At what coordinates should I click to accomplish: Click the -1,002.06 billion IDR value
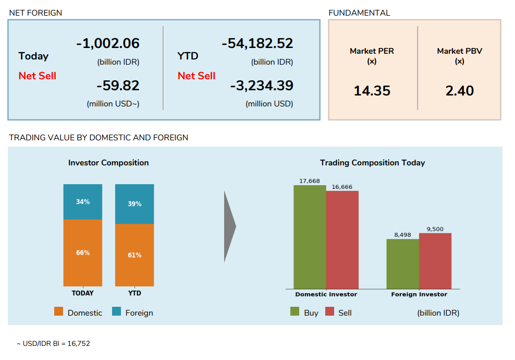click(108, 44)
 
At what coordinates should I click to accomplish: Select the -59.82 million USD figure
click(118, 86)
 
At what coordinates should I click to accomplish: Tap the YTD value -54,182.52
click(257, 44)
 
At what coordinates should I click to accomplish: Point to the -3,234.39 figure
click(262, 86)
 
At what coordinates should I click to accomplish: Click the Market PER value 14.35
click(372, 91)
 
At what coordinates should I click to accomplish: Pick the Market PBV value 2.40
click(459, 91)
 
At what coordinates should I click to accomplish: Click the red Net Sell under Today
click(37, 76)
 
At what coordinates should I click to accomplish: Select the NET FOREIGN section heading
click(35, 13)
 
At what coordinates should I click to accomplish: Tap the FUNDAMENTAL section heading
click(359, 13)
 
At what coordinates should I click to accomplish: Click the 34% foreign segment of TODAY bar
click(82, 202)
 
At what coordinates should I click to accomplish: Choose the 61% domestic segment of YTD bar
click(134, 255)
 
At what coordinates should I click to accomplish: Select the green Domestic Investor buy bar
click(310, 237)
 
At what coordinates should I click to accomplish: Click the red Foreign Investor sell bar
click(435, 261)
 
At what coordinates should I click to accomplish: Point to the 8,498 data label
click(402, 235)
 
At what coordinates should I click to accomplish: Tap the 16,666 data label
click(342, 187)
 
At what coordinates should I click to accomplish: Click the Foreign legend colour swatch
click(116, 312)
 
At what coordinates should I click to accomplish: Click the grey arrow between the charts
click(230, 226)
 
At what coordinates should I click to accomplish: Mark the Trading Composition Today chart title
click(372, 163)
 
